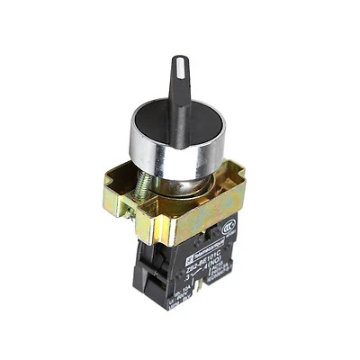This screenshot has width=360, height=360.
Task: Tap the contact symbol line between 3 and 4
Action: click(190, 267)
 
